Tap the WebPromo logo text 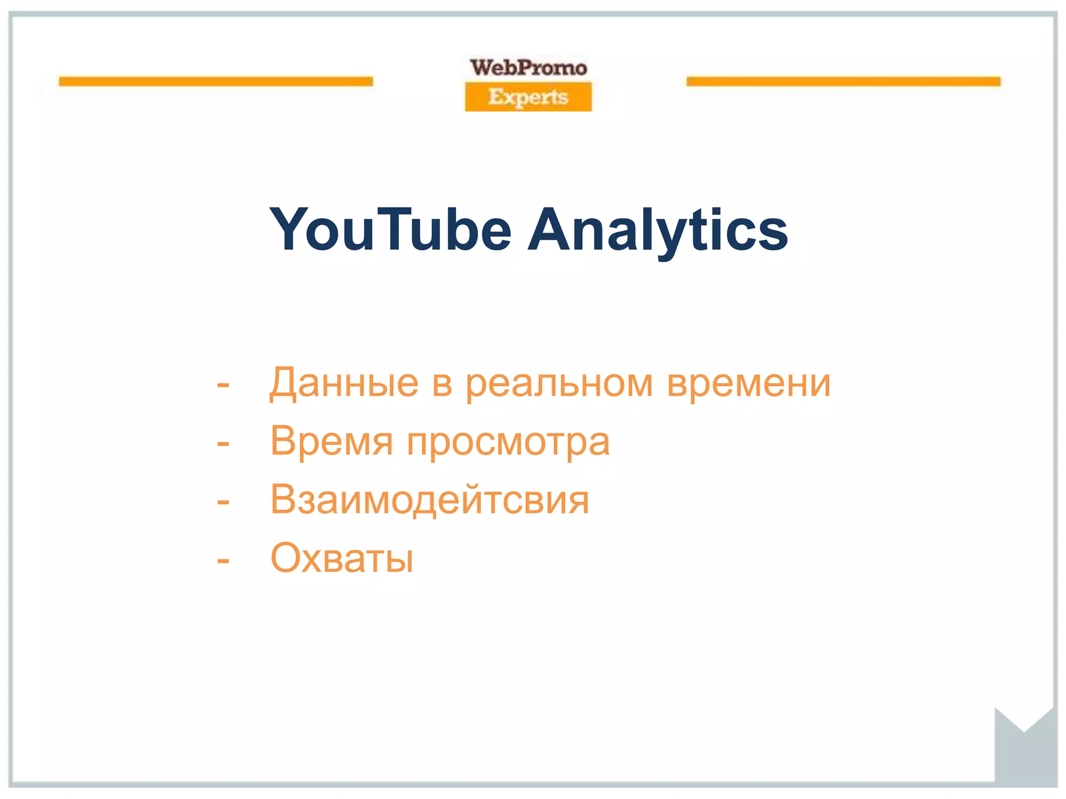(x=528, y=68)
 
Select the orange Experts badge (x=528, y=97)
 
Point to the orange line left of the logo (x=216, y=81)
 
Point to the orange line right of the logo (x=843, y=81)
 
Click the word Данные (x=344, y=383)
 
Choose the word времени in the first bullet (x=749, y=383)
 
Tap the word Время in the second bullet (x=332, y=442)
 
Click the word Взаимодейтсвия (x=430, y=500)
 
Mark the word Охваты (x=342, y=558)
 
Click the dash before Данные (x=223, y=385)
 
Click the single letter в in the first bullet (x=442, y=384)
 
